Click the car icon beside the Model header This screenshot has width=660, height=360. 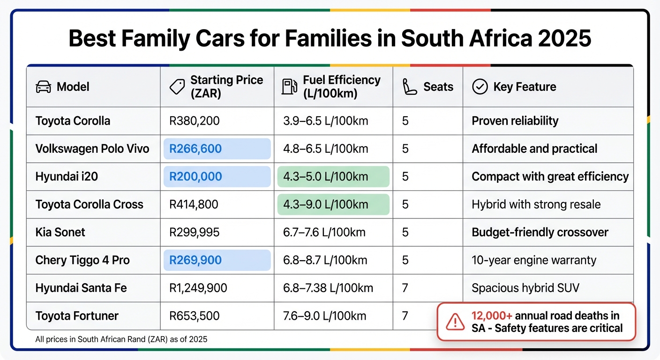click(44, 87)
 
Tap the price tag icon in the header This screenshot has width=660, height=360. click(177, 87)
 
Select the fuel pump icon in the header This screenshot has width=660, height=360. click(289, 87)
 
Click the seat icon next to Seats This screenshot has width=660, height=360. click(410, 87)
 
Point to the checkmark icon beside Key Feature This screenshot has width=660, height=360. click(480, 87)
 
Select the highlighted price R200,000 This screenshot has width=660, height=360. click(195, 177)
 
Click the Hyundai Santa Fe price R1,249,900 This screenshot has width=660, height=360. click(198, 288)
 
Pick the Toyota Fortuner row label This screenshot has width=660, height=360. click(77, 316)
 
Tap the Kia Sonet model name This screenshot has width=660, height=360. click(60, 232)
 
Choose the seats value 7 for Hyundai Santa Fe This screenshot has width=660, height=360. click(405, 288)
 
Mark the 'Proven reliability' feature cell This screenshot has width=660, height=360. click(515, 121)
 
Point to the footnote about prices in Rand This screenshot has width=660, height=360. click(121, 339)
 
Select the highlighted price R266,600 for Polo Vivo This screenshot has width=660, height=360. click(195, 149)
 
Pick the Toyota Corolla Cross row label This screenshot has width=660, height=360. click(89, 204)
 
